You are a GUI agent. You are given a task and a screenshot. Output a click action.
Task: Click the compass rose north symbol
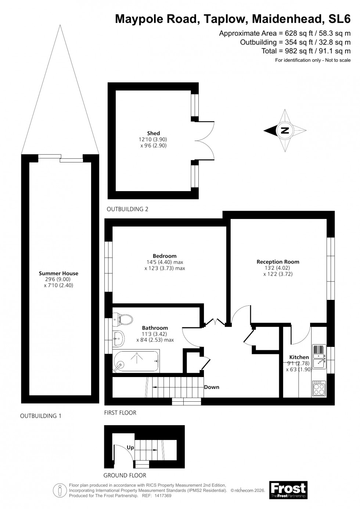285,130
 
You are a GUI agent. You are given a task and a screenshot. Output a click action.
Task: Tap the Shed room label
154,133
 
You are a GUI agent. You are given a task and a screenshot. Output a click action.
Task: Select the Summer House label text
58,273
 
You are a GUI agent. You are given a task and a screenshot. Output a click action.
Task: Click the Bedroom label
165,256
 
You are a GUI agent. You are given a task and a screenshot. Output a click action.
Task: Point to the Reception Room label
278,262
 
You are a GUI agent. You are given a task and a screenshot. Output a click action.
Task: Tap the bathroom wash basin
119,337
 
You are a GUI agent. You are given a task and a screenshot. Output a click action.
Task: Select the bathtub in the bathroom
136,362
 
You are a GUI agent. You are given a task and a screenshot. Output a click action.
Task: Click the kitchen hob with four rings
318,388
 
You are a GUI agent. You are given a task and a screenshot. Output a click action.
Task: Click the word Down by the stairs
212,387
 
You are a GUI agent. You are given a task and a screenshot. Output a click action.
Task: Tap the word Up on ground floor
130,448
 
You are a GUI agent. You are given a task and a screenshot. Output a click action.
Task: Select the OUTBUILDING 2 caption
127,209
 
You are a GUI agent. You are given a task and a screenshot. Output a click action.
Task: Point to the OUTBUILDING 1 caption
41,416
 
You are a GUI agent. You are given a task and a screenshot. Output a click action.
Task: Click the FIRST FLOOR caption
120,413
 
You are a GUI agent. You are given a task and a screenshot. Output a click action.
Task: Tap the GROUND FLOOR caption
125,475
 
